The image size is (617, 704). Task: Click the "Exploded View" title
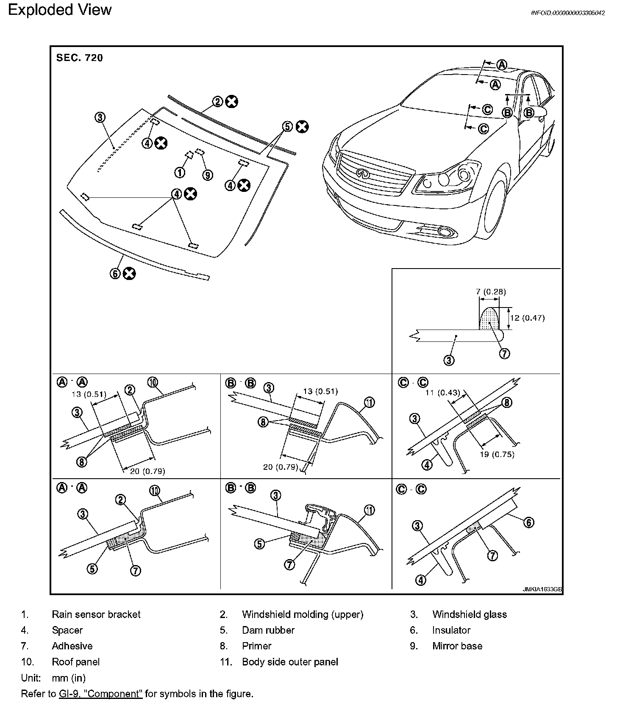[x=60, y=10]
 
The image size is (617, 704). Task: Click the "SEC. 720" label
[x=80, y=58]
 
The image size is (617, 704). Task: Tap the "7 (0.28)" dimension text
[x=491, y=292]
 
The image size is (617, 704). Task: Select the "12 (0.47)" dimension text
[x=527, y=318]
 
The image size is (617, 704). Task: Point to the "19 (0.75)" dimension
[x=497, y=455]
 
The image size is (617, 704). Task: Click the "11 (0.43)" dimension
[x=443, y=393]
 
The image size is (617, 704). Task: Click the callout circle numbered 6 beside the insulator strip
[x=116, y=274]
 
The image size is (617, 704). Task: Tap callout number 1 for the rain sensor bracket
[x=180, y=172]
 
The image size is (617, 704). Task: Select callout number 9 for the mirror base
[x=207, y=175]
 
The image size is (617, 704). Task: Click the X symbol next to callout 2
[x=231, y=102]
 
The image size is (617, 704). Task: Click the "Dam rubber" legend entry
[x=268, y=630]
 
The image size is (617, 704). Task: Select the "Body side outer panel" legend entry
[x=290, y=662]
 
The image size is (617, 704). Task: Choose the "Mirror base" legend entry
[x=457, y=646]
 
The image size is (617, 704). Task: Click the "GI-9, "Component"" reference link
[x=100, y=694]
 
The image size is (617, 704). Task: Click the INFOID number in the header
[x=567, y=13]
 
